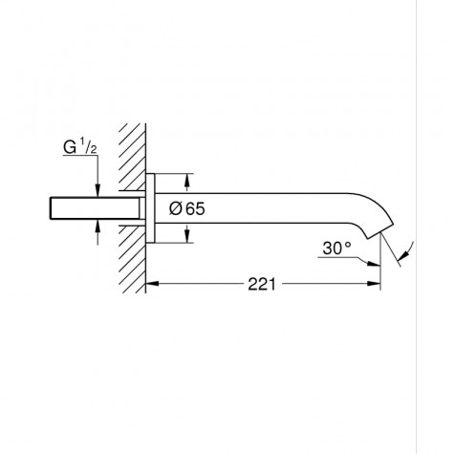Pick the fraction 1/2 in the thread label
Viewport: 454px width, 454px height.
[x=86, y=149]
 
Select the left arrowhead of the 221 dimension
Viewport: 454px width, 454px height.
[x=153, y=284]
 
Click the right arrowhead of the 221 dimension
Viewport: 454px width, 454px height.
[x=375, y=284]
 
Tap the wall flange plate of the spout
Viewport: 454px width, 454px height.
[x=151, y=207]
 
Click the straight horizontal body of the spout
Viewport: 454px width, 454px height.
[x=277, y=207]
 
